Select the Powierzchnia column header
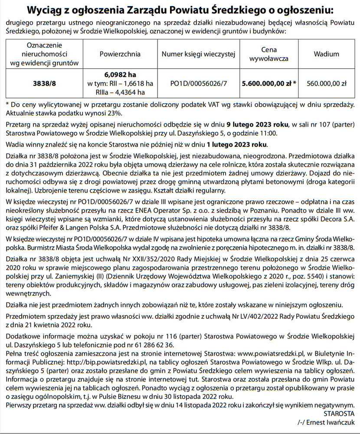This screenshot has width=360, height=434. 120,54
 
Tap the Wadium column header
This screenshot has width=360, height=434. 326,54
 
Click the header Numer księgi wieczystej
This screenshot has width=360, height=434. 198,54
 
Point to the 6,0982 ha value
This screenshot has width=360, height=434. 120,74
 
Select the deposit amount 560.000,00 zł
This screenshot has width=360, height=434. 326,83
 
